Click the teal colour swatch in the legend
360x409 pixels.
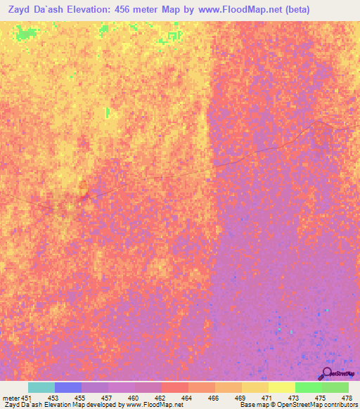(x=41, y=387)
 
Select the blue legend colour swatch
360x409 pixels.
(x=68, y=387)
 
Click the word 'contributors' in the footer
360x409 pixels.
(x=338, y=405)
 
